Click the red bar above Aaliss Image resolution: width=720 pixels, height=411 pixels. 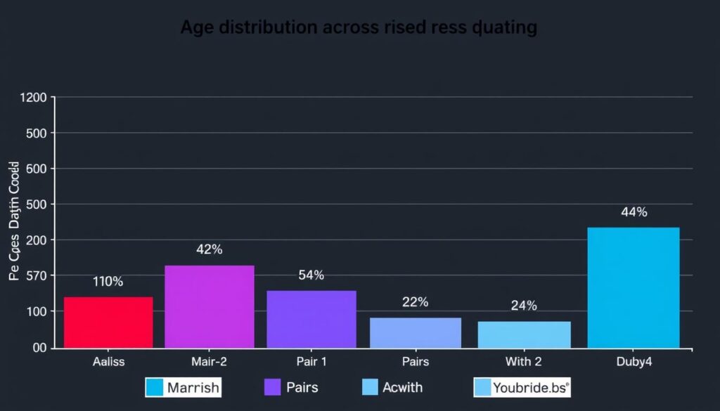108,322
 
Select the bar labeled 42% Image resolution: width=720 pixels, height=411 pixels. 210,306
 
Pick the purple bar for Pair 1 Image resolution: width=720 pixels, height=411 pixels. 311,319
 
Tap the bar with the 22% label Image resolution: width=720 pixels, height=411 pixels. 416,332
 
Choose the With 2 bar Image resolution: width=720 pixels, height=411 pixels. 524,334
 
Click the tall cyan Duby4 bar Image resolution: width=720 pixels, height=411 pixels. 634,287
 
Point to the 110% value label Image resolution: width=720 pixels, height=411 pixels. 108,282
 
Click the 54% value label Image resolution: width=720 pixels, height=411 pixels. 311,275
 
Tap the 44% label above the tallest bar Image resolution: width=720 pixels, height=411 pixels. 634,212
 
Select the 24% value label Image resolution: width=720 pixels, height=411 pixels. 524,306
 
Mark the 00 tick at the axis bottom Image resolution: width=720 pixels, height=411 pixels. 37,348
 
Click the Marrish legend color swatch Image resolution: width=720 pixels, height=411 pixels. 155,387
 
